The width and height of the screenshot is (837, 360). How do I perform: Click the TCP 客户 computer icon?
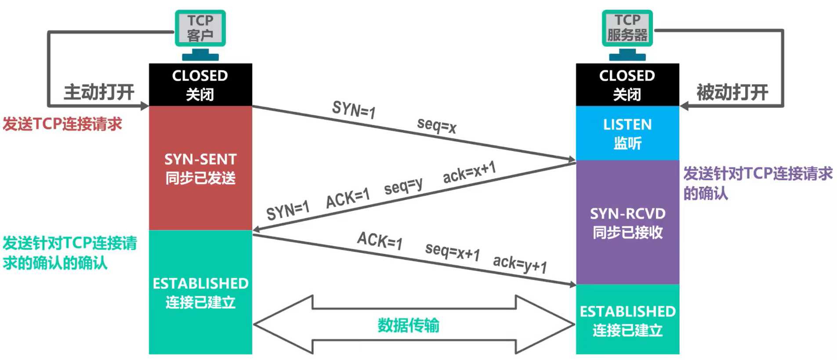[x=200, y=34]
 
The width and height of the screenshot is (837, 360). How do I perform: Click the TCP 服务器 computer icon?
[x=627, y=34]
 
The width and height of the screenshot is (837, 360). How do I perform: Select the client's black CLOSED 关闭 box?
[x=200, y=84]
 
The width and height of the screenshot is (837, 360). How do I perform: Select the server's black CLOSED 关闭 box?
[x=627, y=84]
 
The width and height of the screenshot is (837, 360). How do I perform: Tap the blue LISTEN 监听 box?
[x=627, y=133]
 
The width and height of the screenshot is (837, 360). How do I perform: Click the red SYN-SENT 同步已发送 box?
[x=200, y=168]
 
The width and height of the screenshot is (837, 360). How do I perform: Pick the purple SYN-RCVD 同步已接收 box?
[x=627, y=222]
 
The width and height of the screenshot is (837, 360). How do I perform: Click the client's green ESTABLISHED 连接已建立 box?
[x=200, y=292]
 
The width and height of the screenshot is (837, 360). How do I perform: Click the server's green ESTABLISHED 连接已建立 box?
[x=627, y=320]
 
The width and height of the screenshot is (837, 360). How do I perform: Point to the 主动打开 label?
[x=99, y=92]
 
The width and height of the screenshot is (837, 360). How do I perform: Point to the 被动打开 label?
[x=732, y=92]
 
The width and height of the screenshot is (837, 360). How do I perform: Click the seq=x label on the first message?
[x=437, y=125]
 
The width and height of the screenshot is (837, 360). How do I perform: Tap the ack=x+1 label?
[x=469, y=172]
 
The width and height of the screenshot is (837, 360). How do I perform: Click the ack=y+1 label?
[x=520, y=264]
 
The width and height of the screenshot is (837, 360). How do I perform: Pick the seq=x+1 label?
[x=452, y=251]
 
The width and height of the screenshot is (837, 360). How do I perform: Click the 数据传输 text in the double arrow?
[x=408, y=325]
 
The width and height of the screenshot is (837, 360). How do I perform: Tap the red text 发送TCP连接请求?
[x=62, y=124]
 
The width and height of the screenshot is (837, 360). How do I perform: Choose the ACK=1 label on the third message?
[x=380, y=240]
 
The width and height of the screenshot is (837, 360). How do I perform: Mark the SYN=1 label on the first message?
[x=354, y=109]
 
